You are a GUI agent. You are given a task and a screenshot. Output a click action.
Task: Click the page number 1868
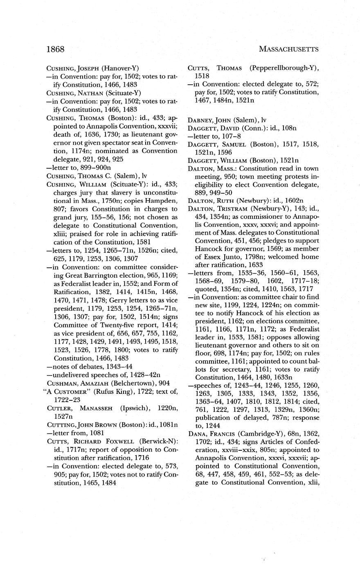click(56, 50)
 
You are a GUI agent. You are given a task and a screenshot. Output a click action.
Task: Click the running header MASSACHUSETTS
click(289, 50)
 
